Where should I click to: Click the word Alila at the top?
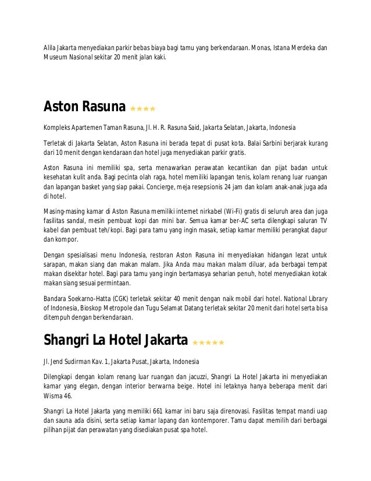[x=51, y=47]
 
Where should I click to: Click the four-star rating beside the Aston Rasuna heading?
[x=142, y=108]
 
